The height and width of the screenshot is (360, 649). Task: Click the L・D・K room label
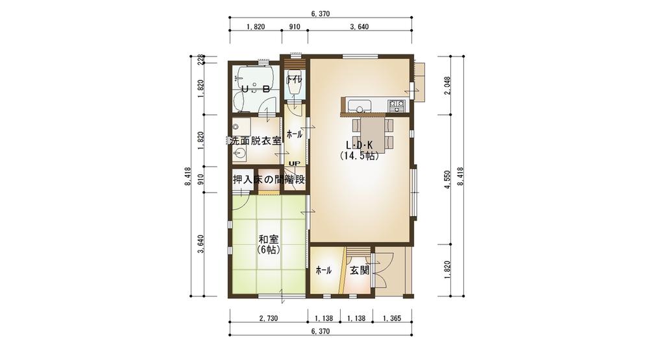(x=358, y=145)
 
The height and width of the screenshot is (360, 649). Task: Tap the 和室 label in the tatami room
(x=268, y=239)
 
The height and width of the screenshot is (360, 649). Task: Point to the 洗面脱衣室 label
(x=254, y=140)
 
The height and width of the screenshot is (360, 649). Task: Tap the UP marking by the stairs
(x=294, y=163)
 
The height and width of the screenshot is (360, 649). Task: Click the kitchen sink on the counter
(x=360, y=105)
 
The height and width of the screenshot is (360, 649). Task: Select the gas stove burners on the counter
(x=396, y=105)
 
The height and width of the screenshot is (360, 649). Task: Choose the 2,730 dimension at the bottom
(x=267, y=318)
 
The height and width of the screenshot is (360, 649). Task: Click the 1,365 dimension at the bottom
(x=392, y=318)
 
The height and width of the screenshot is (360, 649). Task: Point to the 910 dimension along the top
(x=294, y=27)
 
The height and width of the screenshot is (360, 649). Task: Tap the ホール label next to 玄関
(x=323, y=270)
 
